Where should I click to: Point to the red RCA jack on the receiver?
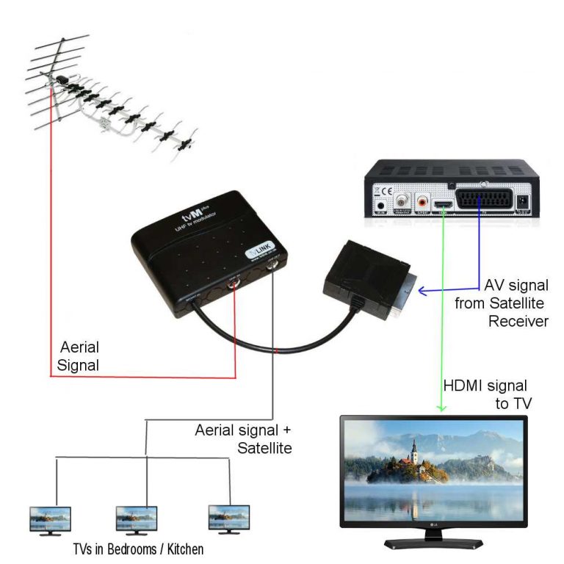[x=424, y=199]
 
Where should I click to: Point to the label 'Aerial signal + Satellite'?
[x=242, y=438]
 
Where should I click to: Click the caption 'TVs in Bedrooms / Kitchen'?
[x=137, y=548]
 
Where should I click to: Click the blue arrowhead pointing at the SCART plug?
[x=422, y=292]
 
